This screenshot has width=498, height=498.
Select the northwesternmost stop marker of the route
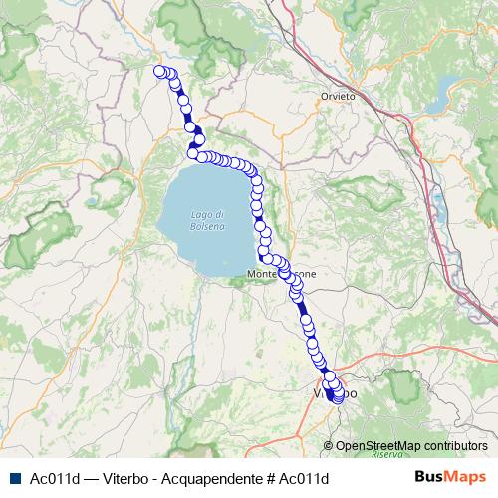click(x=158, y=70)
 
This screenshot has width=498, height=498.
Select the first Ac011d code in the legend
click(x=55, y=478)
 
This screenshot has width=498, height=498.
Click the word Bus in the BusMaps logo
click(x=429, y=477)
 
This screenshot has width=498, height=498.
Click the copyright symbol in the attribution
click(x=330, y=446)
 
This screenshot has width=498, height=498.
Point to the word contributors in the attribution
click(x=454, y=446)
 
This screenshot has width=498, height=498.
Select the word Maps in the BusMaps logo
click(x=463, y=477)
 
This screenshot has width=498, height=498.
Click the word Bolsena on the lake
click(x=209, y=226)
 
